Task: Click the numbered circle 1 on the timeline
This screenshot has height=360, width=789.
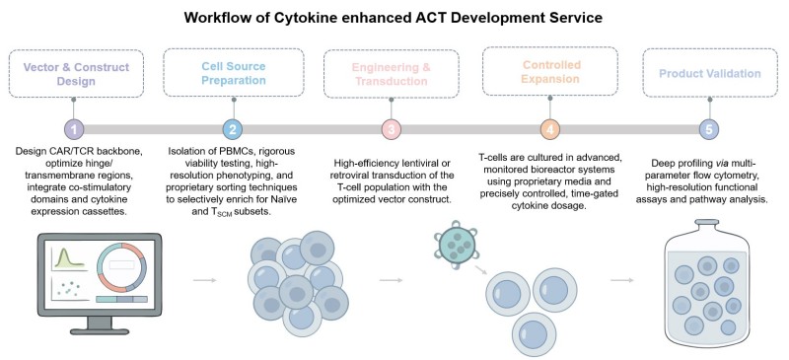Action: (x=73, y=129)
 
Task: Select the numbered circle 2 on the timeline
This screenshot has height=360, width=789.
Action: (x=232, y=129)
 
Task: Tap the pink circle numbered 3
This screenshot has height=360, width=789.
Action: (x=391, y=129)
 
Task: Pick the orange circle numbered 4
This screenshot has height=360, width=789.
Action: (x=549, y=129)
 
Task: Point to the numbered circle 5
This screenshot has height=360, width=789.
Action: (x=707, y=129)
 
